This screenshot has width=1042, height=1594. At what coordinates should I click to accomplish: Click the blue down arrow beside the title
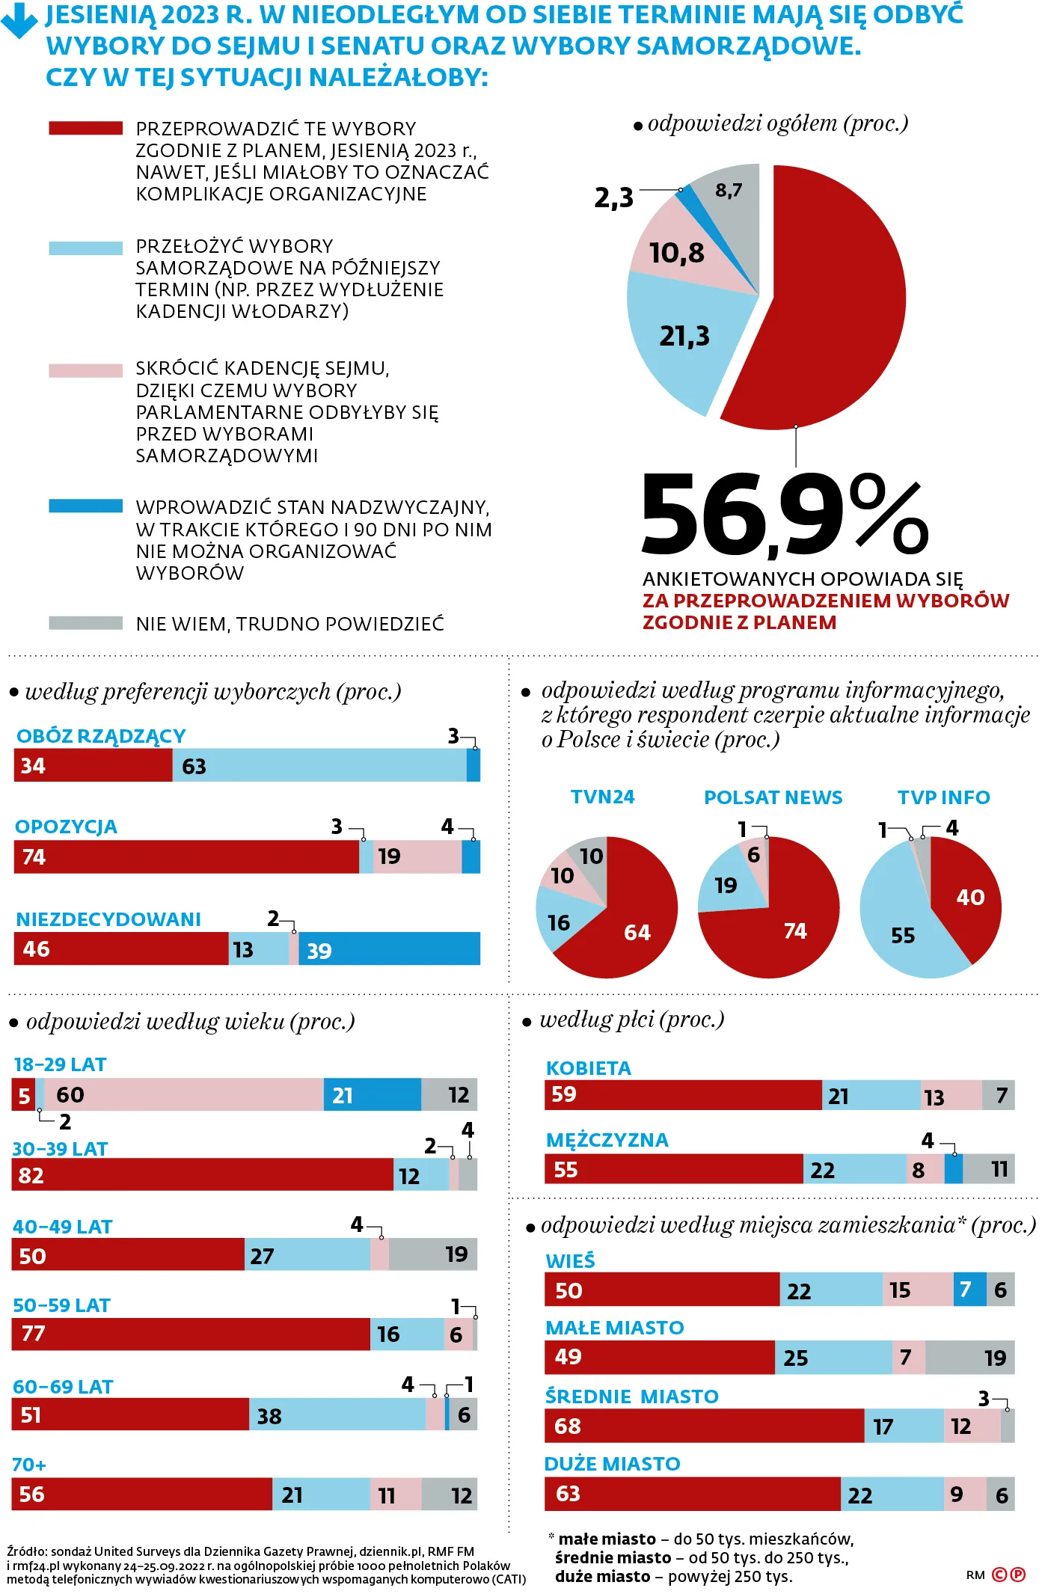[19, 21]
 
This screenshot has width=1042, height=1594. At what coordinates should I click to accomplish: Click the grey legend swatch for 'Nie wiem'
[85, 623]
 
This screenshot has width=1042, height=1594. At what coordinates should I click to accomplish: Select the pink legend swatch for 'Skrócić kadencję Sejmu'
[85, 371]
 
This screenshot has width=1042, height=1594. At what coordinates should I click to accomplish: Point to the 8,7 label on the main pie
[728, 190]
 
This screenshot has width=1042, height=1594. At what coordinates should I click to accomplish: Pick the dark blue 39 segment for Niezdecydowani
[389, 948]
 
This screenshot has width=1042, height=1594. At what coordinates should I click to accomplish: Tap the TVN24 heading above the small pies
[602, 797]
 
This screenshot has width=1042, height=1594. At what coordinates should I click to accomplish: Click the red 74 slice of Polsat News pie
[785, 935]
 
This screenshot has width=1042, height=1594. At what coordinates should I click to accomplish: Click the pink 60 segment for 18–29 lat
[183, 1094]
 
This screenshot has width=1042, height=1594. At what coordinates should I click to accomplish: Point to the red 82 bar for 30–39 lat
[202, 1174]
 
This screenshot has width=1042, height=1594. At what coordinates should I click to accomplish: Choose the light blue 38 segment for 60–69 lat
[337, 1414]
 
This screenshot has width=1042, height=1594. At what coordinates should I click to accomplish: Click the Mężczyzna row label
[607, 1140]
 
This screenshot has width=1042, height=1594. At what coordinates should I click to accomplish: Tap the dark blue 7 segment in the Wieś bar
[969, 1289]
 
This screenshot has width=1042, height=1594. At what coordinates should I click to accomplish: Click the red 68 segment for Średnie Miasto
[703, 1426]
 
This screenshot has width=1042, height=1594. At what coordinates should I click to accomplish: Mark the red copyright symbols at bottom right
[1008, 1575]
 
